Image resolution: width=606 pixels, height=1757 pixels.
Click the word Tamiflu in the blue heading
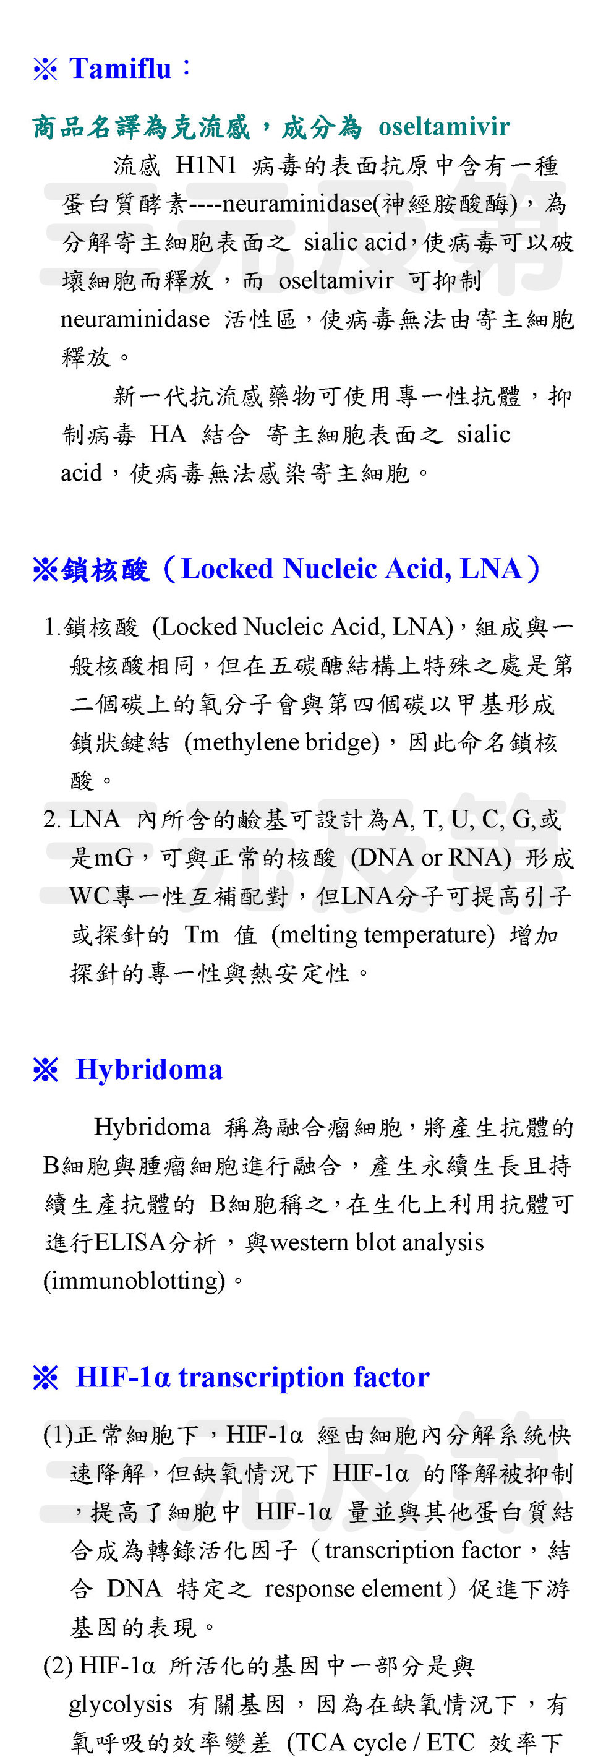point(120,69)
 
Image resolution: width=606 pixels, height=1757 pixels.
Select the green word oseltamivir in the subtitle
point(444,127)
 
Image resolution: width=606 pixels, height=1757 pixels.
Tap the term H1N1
point(206,165)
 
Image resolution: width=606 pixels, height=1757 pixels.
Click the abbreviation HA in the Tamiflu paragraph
point(167,434)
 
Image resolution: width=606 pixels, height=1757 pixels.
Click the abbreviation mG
point(113,857)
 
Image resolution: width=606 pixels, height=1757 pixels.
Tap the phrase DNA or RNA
point(430,857)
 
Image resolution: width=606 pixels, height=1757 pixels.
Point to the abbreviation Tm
point(201,934)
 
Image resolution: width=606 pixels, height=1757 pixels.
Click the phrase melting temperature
point(382,934)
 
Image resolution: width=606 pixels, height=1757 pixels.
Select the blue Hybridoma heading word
point(148,1070)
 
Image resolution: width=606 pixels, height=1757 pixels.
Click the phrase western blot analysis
point(377,1243)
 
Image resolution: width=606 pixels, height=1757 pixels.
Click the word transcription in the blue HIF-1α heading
point(261,1377)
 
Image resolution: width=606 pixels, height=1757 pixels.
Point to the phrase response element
point(354,1589)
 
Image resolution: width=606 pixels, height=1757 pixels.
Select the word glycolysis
point(120,1704)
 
